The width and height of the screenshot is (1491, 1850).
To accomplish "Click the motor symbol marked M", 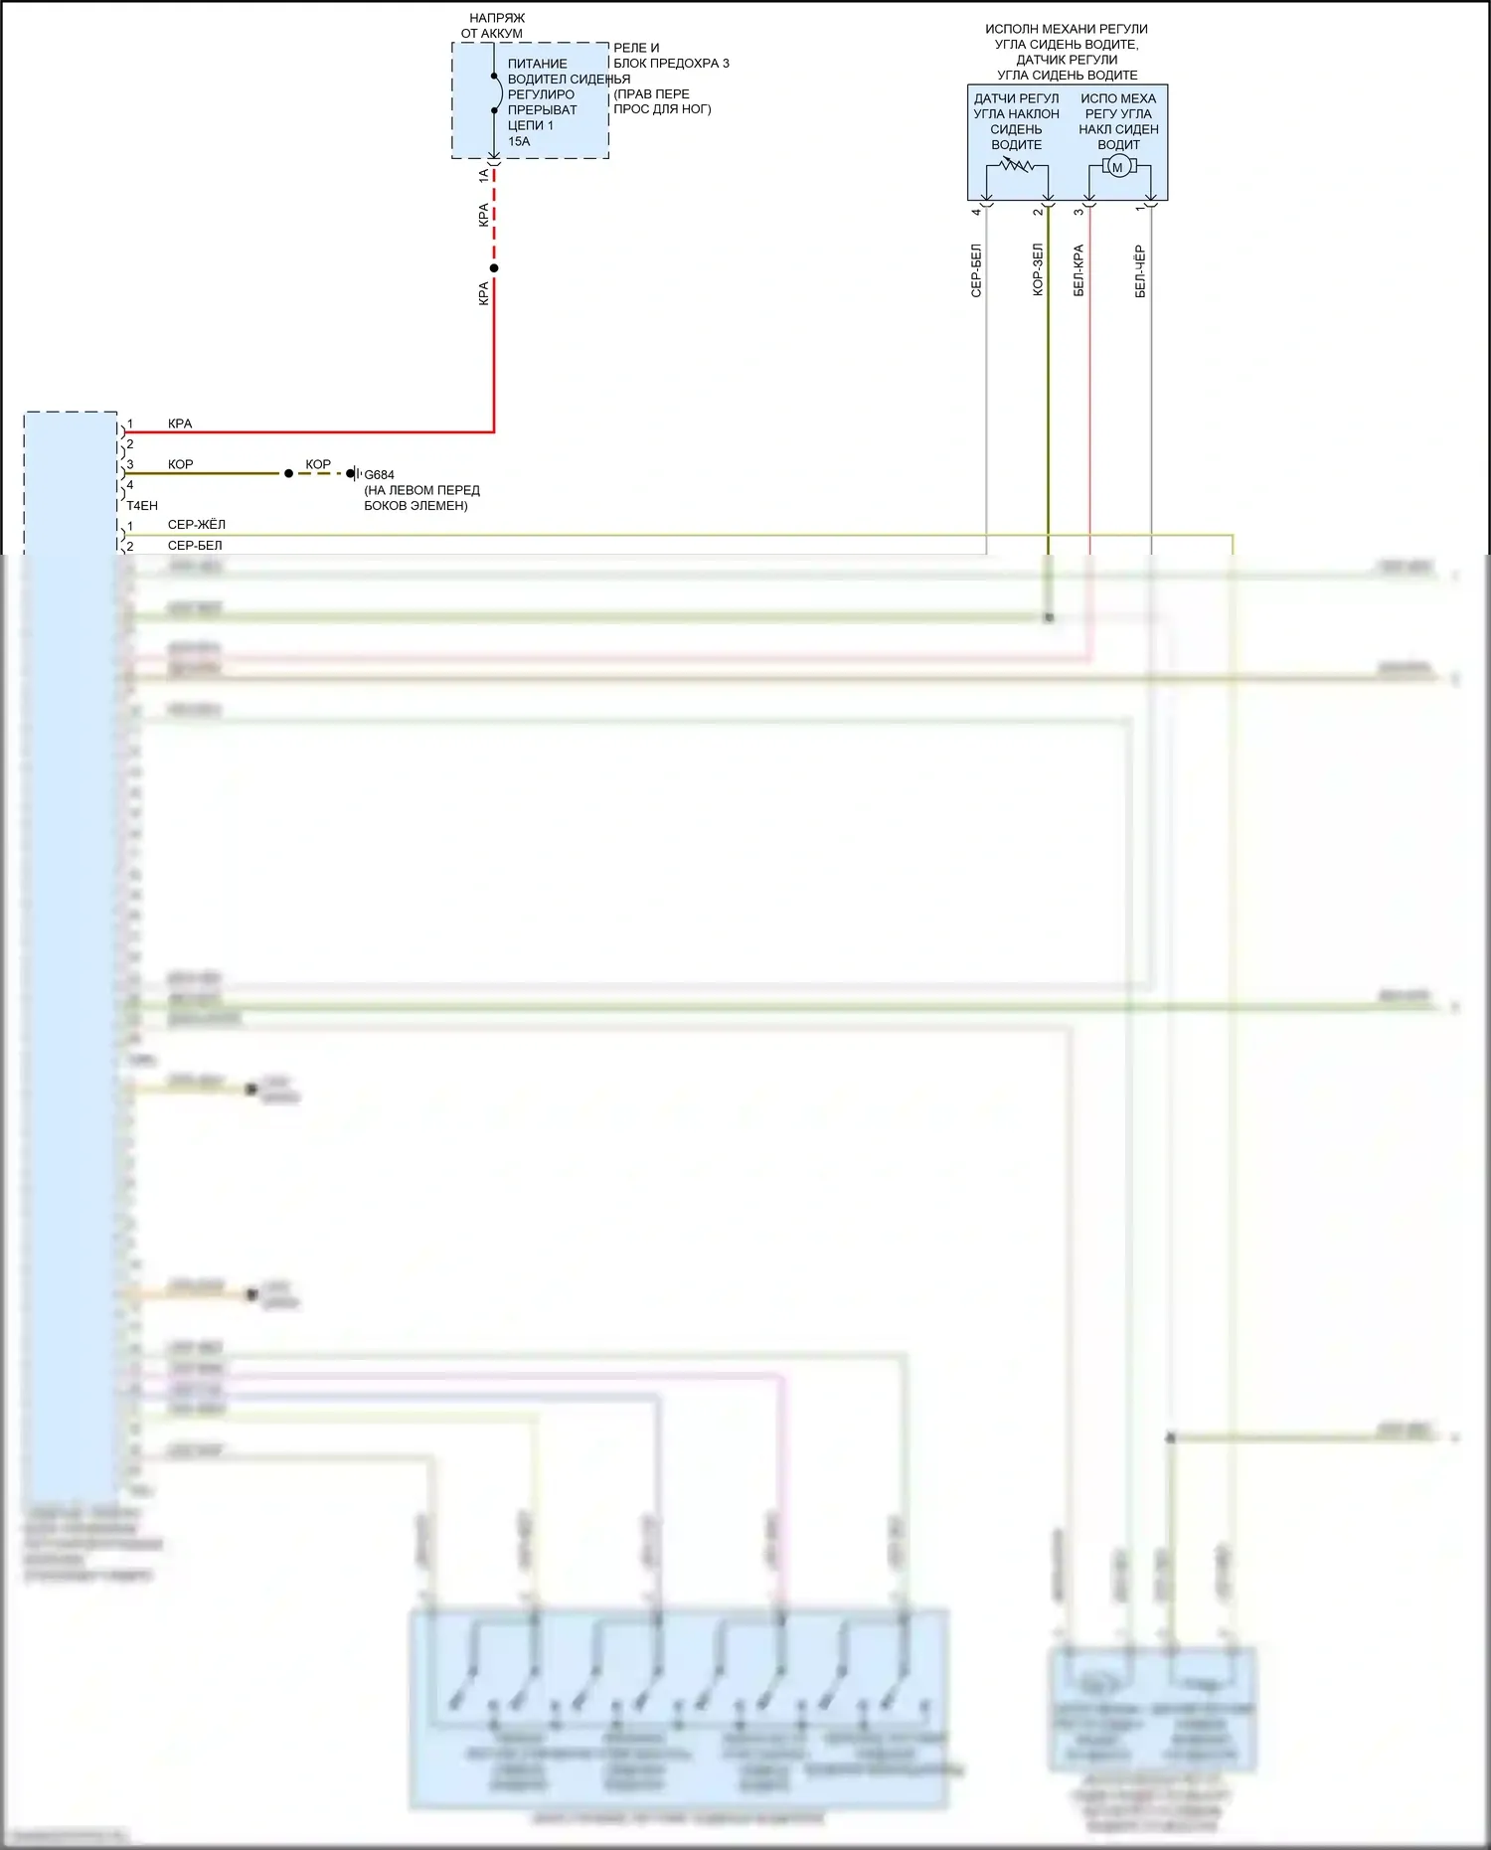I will [x=1117, y=167].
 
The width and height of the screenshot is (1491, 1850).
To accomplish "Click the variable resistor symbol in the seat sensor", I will [x=1016, y=165].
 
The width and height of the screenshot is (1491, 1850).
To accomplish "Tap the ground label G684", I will [x=379, y=475].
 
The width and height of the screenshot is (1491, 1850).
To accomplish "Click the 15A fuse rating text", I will [x=519, y=141].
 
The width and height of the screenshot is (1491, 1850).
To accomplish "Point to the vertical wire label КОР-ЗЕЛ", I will [x=1038, y=270].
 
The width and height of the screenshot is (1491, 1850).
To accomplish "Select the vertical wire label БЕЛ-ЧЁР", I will [x=1140, y=272].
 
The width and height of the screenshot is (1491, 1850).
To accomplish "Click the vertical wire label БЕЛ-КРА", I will [x=1078, y=270].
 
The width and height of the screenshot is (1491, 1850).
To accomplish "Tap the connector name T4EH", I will [x=142, y=506].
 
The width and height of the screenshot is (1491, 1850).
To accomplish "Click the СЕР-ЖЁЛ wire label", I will [x=196, y=525].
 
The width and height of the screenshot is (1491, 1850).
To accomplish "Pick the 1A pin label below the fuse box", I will [x=484, y=175].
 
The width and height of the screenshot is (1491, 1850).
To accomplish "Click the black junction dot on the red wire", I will [x=494, y=268].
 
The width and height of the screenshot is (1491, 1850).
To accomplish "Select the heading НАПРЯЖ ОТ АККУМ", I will [x=494, y=26].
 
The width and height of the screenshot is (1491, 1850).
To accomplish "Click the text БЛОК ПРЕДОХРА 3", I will [x=671, y=64].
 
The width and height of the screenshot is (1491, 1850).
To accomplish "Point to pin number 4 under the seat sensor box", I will [x=976, y=211].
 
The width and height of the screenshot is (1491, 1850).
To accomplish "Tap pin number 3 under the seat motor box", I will [x=1078, y=211].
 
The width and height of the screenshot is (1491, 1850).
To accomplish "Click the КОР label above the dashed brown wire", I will [x=318, y=464].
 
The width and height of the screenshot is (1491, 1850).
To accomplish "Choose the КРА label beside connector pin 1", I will [x=180, y=423].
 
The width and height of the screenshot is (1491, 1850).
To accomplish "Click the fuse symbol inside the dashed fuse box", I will [x=496, y=93].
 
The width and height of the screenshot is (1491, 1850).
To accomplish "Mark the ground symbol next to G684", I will [x=354, y=473].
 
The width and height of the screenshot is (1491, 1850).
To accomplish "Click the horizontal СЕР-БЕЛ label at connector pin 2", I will [x=195, y=546].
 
